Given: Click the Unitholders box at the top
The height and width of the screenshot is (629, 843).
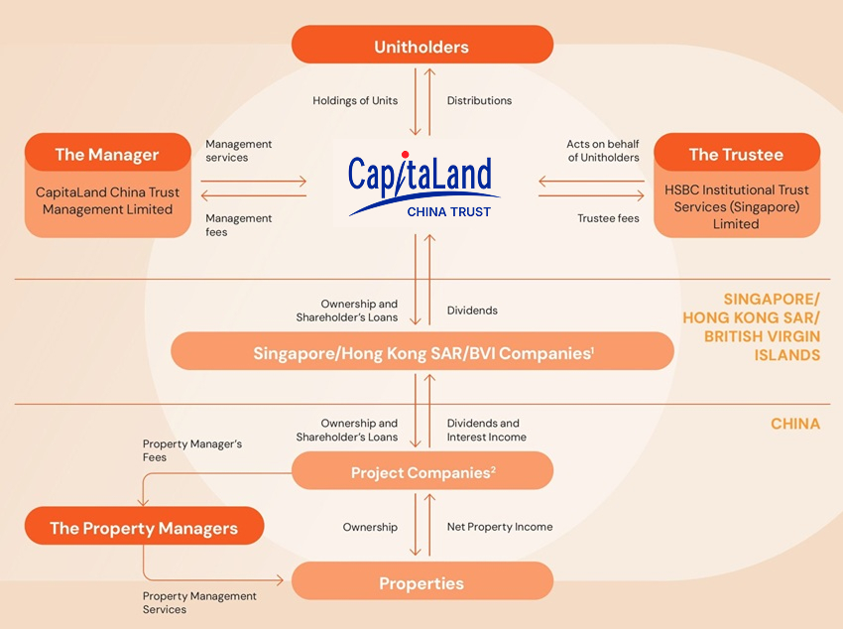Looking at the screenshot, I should [421, 46].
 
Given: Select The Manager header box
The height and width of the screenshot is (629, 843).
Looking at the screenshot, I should [107, 154].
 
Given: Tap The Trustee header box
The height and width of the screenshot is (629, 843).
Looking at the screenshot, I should [736, 154].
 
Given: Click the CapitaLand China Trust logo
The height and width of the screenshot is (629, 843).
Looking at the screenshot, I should [421, 186].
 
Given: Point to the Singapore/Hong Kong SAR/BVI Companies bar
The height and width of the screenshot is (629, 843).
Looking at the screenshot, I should [421, 352].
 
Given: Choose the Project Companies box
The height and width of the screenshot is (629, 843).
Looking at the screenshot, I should [421, 472].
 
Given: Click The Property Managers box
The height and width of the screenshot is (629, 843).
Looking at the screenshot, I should [144, 527].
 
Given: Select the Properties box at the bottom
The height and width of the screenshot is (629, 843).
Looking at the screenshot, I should [421, 582].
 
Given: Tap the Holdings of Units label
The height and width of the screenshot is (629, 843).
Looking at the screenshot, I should [356, 100].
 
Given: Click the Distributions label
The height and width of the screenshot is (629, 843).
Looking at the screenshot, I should [479, 100].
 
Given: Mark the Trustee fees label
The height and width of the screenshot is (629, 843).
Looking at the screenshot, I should [608, 218].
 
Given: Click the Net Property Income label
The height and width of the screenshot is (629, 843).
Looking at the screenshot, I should [500, 527].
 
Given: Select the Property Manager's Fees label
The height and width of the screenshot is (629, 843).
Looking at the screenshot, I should [191, 450].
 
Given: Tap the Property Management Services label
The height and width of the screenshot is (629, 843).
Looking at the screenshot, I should [199, 602].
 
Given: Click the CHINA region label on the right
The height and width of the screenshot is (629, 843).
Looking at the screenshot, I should [795, 424].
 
